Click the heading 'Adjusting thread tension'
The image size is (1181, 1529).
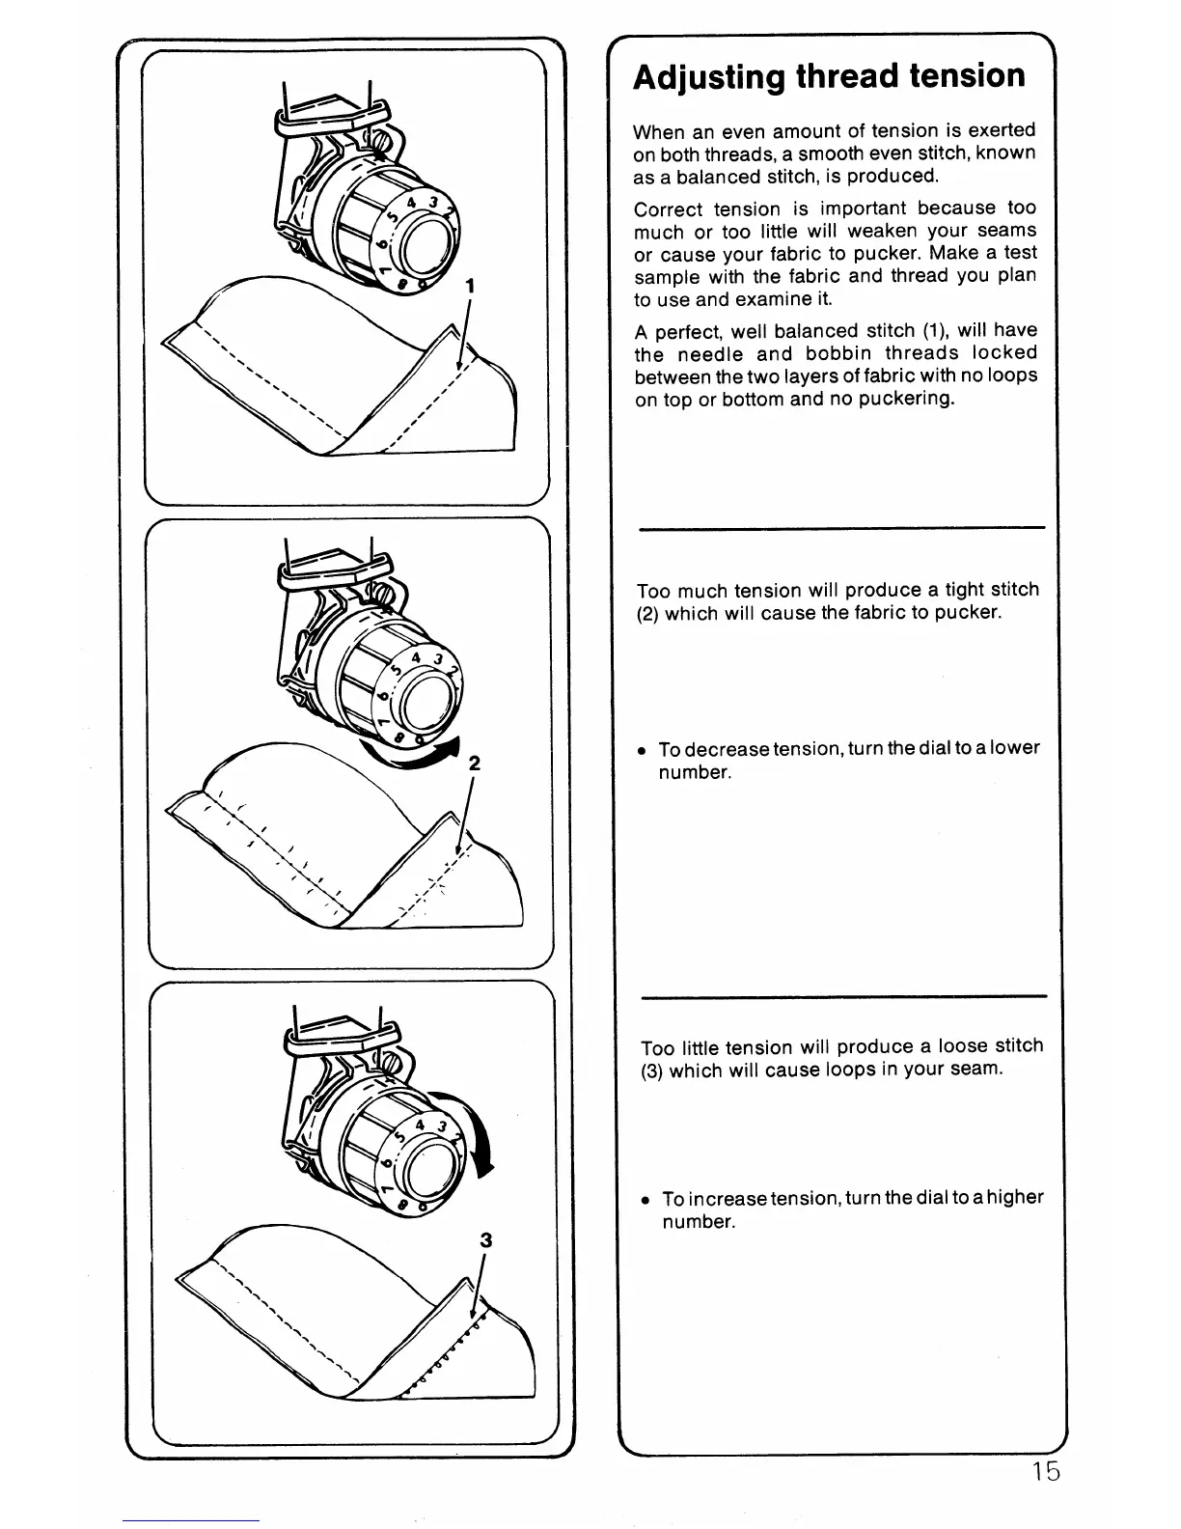point(829,76)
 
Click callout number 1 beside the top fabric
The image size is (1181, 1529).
point(469,286)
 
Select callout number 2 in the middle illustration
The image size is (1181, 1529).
point(474,763)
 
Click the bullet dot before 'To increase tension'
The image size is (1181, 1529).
point(645,1200)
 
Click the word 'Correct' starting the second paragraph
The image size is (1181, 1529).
point(666,209)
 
